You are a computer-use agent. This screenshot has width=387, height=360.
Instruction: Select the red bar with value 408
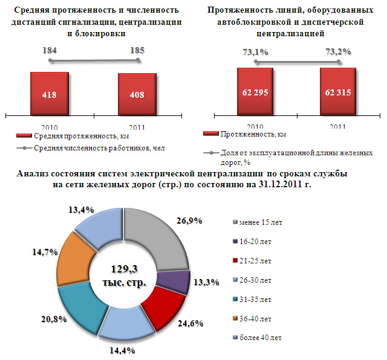pos(137,95)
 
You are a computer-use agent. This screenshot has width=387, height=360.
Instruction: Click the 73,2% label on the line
pos(338,52)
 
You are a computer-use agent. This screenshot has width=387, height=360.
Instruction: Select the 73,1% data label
pos(255,52)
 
